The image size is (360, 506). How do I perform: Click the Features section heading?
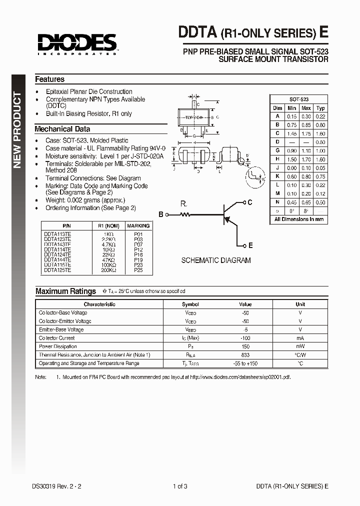[49, 79]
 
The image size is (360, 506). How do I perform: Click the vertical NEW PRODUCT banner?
[17, 130]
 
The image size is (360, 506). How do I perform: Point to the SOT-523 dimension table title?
[299, 99]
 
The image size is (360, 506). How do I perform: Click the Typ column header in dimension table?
[320, 108]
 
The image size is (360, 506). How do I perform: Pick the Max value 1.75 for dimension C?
[306, 133]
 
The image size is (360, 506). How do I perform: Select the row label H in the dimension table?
[277, 159]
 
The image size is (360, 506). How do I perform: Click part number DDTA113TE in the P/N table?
[57, 234]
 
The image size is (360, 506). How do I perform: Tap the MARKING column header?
[138, 225]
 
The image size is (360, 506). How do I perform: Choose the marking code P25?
[138, 269]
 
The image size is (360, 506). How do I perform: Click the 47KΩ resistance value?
[108, 259]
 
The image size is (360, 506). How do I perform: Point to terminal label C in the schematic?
[250, 202]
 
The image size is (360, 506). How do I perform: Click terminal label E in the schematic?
[250, 245]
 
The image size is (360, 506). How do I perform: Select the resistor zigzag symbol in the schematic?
[185, 214]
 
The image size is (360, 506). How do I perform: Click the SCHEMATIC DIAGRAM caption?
[215, 260]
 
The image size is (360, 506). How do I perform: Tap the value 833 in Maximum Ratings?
[245, 355]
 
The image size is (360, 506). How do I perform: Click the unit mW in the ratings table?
[300, 346]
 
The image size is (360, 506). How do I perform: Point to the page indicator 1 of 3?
[179, 486]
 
